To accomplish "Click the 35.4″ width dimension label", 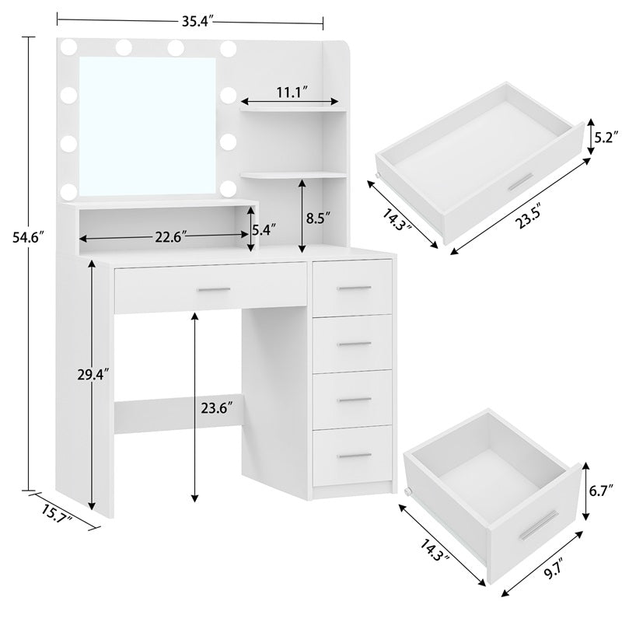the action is click(197, 22).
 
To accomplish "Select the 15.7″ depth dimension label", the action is click(56, 514).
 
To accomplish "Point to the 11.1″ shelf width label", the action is click(292, 93).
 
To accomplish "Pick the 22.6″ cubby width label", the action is click(170, 237).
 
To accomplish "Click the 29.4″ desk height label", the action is click(93, 375).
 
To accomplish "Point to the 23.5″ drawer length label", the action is click(529, 216).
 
